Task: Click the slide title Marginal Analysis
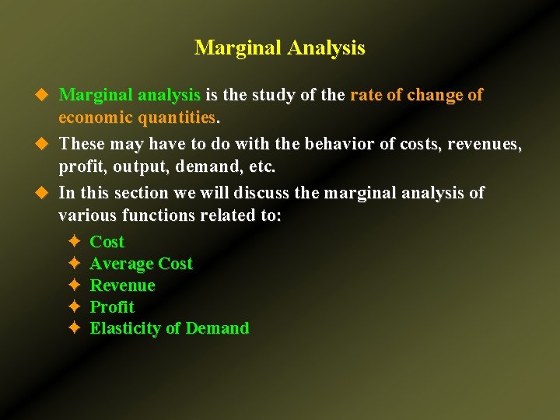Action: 279,48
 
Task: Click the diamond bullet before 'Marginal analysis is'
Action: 44,95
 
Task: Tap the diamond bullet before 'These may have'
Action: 44,144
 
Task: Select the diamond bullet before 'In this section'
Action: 44,193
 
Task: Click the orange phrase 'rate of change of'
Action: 416,95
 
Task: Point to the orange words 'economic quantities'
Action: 138,117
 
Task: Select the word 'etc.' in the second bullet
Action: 261,166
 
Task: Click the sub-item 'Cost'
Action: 107,242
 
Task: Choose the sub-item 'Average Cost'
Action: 141,264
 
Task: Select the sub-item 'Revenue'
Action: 122,285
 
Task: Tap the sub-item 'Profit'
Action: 112,307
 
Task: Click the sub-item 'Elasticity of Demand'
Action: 170,328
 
